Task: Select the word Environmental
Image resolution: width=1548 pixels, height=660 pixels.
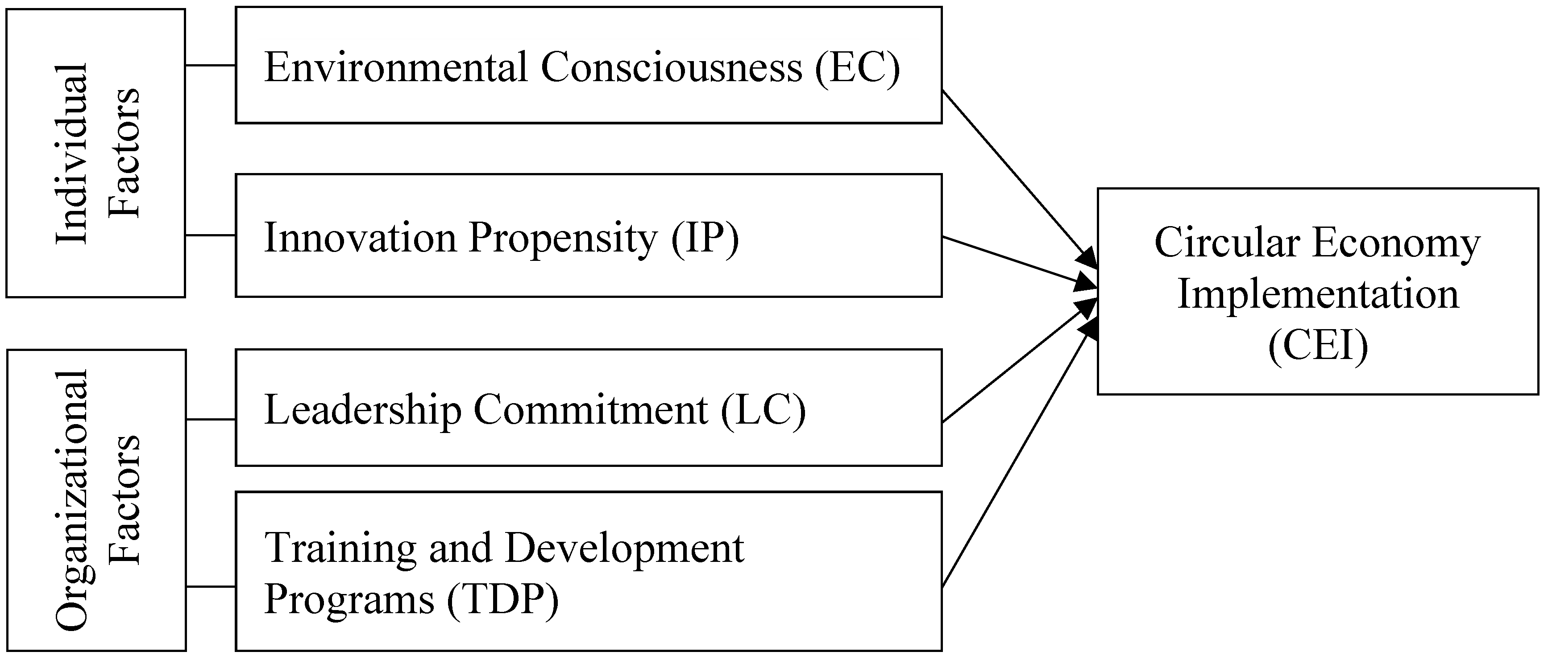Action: [395, 67]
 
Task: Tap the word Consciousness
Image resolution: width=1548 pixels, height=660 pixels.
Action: [671, 67]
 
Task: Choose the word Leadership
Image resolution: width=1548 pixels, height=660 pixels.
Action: [362, 410]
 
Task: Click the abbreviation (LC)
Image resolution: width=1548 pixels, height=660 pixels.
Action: [763, 410]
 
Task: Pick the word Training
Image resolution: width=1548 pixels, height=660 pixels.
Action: [340, 549]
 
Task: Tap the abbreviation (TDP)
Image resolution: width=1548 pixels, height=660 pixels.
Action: [502, 599]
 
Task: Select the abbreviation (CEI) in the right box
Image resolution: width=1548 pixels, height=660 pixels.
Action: [1318, 346]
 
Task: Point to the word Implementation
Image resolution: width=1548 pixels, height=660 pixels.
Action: [1318, 295]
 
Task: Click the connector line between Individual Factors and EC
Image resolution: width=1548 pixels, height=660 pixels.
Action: [210, 65]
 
